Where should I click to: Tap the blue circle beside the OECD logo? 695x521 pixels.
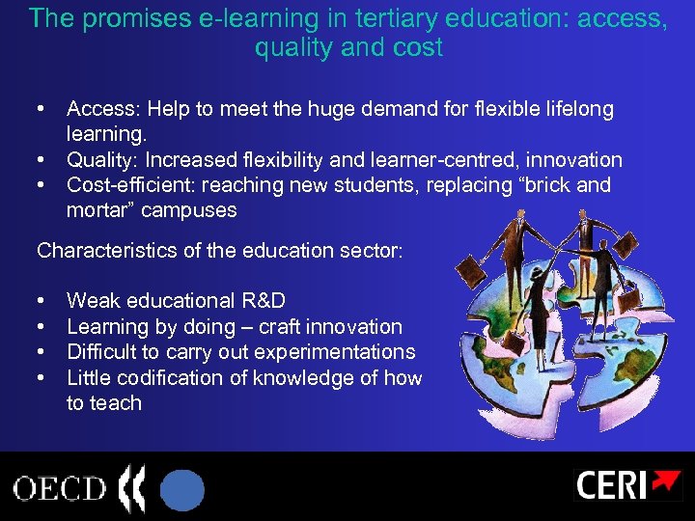181,488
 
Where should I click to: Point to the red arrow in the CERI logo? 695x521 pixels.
666,480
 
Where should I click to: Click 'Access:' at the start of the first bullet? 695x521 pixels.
101,109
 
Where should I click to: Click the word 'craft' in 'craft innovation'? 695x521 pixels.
280,326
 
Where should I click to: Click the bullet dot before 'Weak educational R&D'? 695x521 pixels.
43,301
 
